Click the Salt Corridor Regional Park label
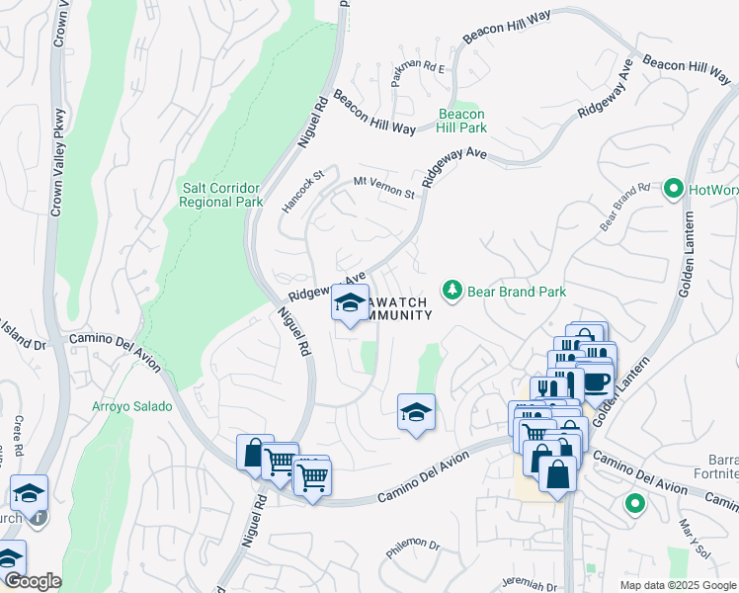pyautogui.click(x=220, y=194)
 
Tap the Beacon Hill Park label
pyautogui.click(x=462, y=121)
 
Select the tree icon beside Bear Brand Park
pyautogui.click(x=452, y=291)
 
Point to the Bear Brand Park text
pyautogui.click(x=517, y=292)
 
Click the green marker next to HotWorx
pyautogui.click(x=674, y=187)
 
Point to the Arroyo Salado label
pyautogui.click(x=131, y=406)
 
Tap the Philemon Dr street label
pyautogui.click(x=413, y=549)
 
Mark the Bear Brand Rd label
pyautogui.click(x=625, y=207)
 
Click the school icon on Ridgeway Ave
pyautogui.click(x=349, y=303)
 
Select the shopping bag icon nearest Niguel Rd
pyautogui.click(x=255, y=454)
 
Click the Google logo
pyautogui.click(x=32, y=582)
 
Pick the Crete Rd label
pyautogui.click(x=19, y=434)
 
